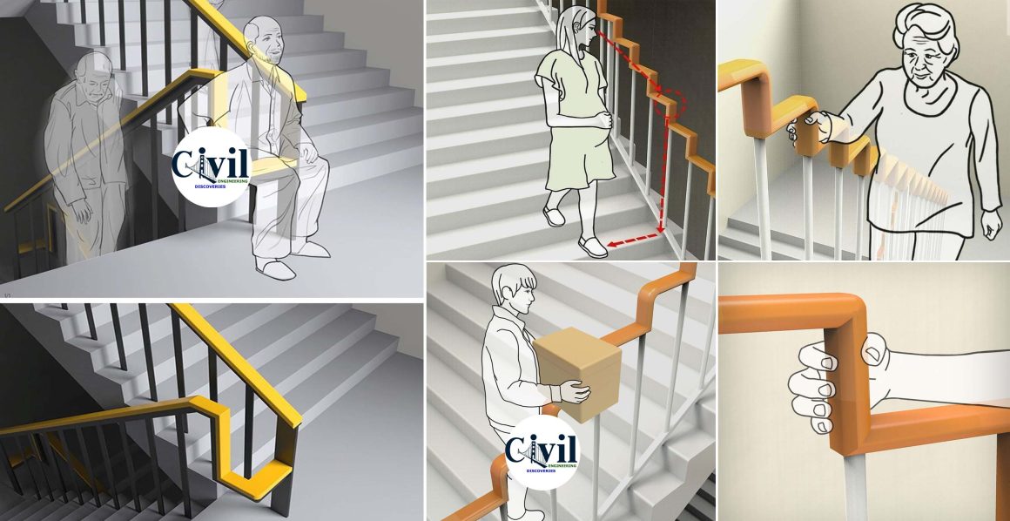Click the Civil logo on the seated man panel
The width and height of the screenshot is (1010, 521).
(x=210, y=166)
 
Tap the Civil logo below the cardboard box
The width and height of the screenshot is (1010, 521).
(x=542, y=453)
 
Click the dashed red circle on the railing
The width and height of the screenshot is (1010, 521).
(x=675, y=106)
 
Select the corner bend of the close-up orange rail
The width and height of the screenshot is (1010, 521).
(x=849, y=314)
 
